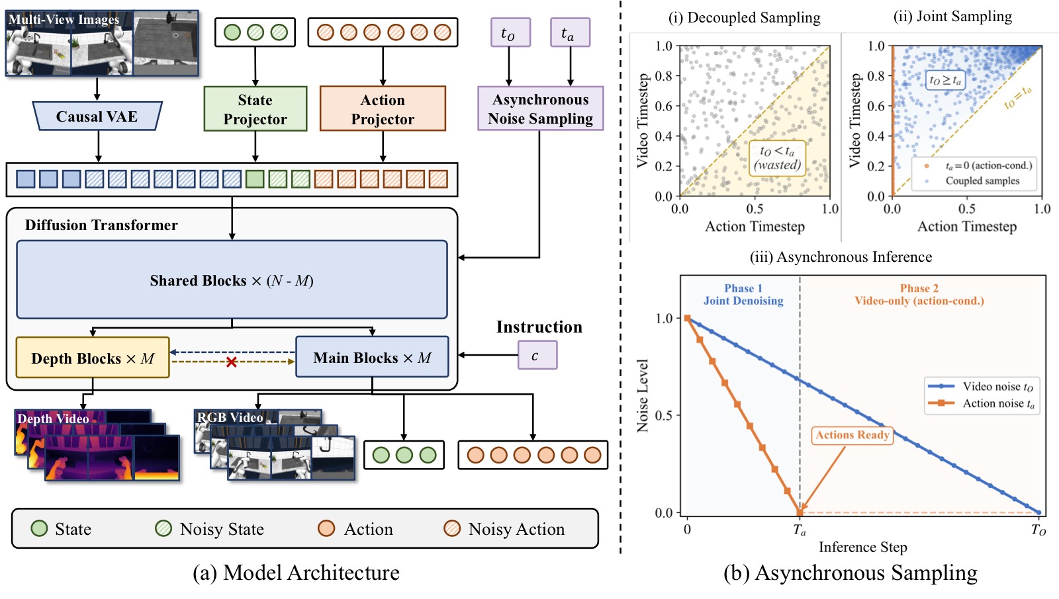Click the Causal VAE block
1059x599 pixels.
(97, 116)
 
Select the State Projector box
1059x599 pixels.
(255, 108)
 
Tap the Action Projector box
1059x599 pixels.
(383, 108)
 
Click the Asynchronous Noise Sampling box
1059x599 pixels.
(540, 108)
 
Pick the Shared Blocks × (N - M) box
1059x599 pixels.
(232, 280)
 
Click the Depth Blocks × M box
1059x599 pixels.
(93, 358)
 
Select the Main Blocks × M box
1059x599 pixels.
(372, 356)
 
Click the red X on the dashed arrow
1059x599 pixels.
(231, 362)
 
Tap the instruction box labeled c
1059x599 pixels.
(537, 355)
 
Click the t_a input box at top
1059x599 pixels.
(570, 32)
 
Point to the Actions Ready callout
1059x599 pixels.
(852, 435)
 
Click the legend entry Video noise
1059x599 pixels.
(982, 386)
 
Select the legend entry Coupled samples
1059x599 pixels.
(974, 181)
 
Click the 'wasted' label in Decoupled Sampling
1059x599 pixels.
(777, 165)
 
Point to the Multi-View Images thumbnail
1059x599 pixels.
(102, 43)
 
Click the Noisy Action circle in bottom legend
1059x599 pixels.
(452, 528)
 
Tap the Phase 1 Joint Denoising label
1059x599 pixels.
(743, 294)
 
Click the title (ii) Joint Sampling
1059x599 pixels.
(952, 17)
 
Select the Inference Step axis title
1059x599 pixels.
(863, 547)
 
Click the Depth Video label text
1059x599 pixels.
(53, 419)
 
